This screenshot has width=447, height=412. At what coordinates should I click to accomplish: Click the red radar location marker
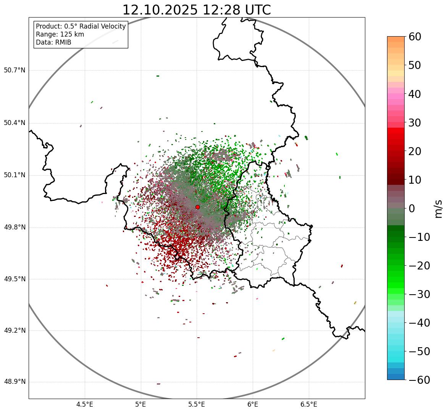pos(197,207)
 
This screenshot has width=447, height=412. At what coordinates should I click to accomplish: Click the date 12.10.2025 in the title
pos(160,10)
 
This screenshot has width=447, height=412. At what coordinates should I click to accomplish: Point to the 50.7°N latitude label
pos(15,71)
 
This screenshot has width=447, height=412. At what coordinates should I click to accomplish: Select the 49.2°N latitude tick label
pos(15,330)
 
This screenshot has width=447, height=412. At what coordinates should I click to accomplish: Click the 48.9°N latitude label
pos(15,382)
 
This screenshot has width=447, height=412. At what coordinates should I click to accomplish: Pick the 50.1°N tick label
pos(15,175)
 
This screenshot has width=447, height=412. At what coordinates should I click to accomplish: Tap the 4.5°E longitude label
pos(85,404)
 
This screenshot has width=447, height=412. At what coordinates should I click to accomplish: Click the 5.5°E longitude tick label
pos(197,404)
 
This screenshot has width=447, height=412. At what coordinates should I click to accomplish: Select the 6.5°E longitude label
pos(308,404)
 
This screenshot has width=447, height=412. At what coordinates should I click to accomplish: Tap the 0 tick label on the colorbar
pos(412,208)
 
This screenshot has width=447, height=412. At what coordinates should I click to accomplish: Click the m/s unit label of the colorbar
pos(438,208)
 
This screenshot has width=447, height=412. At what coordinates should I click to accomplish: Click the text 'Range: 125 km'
pos(60,34)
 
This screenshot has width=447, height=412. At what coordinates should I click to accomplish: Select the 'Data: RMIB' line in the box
pos(53,42)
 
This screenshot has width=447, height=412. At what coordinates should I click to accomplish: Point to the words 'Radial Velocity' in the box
pos(103,26)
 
